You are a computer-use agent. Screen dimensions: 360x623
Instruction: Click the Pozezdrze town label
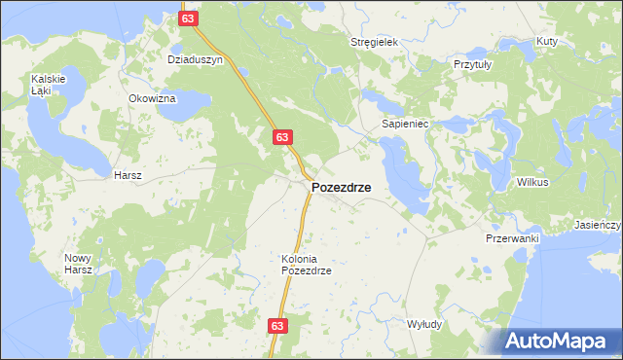click(x=340, y=188)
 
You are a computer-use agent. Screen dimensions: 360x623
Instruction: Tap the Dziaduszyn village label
click(x=195, y=59)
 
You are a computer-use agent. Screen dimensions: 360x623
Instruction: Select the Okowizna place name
click(x=152, y=98)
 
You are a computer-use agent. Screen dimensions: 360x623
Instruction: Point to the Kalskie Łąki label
click(x=47, y=84)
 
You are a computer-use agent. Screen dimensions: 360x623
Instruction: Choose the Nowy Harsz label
click(x=78, y=264)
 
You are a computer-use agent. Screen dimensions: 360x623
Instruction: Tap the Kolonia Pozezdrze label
click(x=307, y=265)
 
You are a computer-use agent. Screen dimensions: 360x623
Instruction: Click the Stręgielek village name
click(x=376, y=43)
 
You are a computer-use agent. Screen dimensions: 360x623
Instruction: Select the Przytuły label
click(x=474, y=63)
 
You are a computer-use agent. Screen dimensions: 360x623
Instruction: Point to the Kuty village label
click(x=546, y=42)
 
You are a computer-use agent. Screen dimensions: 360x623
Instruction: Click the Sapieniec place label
click(x=412, y=125)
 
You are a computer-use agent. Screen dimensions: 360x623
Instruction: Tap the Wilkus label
click(x=532, y=182)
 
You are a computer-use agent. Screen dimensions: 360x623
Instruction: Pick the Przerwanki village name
click(x=512, y=237)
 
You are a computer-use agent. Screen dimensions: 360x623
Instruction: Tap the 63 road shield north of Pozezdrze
click(x=281, y=137)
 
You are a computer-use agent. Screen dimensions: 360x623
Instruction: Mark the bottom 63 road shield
click(x=278, y=327)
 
